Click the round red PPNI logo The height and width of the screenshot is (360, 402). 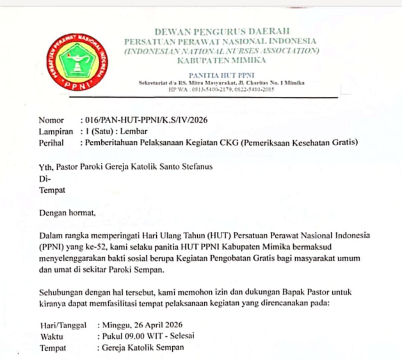(77, 62)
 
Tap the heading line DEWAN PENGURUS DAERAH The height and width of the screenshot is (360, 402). (222, 32)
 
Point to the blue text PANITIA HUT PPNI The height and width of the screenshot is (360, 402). (221, 75)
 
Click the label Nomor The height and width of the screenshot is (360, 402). (51, 120)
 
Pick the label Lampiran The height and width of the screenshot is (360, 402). (56, 131)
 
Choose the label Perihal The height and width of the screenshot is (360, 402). (51, 142)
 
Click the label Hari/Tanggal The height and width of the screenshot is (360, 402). (63, 325)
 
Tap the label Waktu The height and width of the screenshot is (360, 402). (52, 337)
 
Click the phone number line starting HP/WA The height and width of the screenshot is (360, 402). (221, 89)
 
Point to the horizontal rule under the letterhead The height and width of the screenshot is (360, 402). (203, 98)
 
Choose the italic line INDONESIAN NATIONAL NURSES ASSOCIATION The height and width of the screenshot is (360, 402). (221, 51)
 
